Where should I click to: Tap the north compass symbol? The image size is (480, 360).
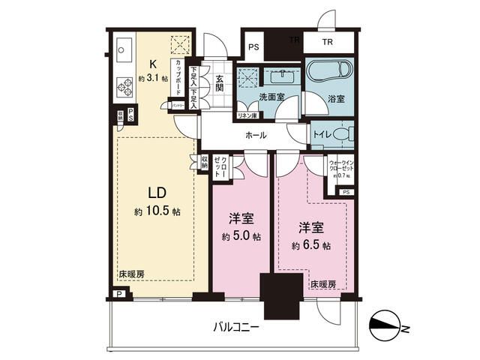[388, 327]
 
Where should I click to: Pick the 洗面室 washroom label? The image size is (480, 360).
[271, 97]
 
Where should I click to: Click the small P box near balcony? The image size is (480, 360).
[120, 294]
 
